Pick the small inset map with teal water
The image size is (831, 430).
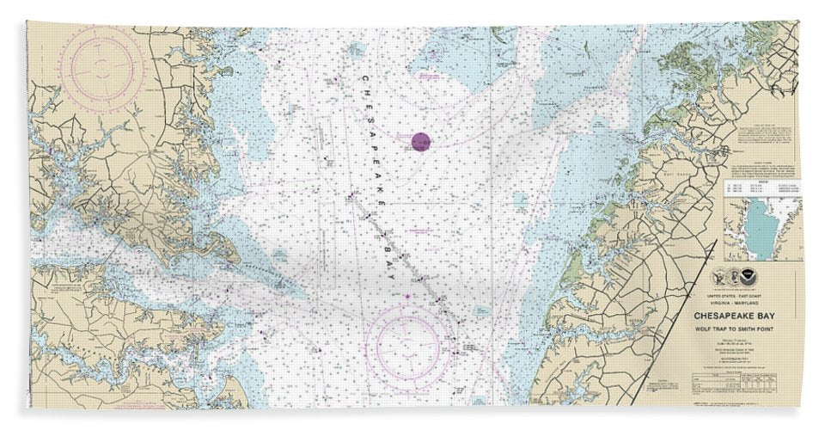click(761, 227)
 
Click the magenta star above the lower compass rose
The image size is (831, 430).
click(406, 297)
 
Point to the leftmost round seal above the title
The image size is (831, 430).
click(720, 279)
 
